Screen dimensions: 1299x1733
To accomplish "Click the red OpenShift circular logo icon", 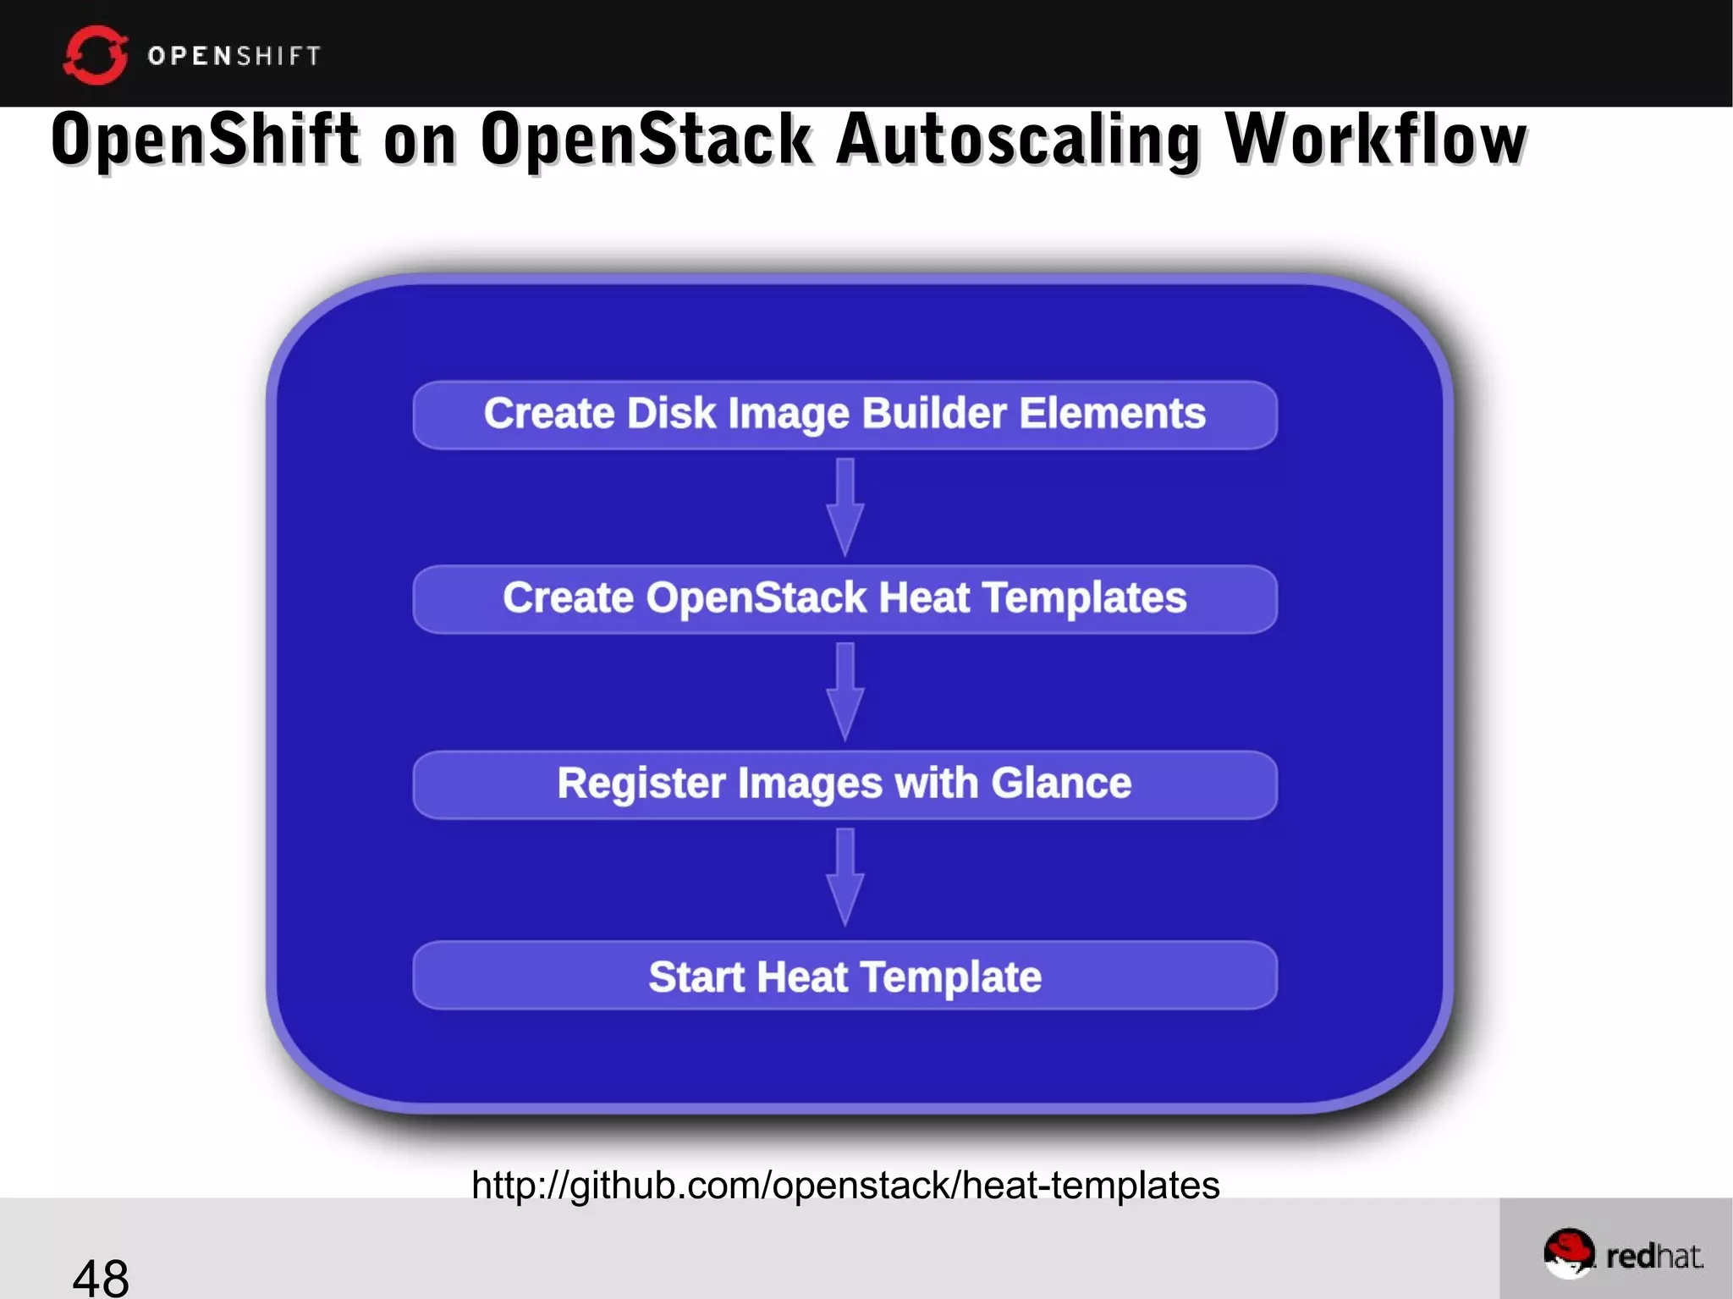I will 95,55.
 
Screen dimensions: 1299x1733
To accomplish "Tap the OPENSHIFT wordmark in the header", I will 234,56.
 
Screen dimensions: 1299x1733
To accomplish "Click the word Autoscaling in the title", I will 1018,140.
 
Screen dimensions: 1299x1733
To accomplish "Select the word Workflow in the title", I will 1376,140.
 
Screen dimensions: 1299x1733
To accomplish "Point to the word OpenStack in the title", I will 646,140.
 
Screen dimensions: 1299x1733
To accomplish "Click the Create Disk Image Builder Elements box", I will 844,415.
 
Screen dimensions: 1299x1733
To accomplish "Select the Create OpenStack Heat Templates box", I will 844,599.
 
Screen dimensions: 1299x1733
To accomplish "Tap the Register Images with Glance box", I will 844,784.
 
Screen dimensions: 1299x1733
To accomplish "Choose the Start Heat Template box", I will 844,976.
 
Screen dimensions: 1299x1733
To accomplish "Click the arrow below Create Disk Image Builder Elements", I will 844,507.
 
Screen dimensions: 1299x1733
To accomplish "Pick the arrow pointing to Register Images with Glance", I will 844,691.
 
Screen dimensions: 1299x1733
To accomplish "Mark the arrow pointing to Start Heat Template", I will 844,877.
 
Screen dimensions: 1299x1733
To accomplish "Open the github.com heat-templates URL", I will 844,1185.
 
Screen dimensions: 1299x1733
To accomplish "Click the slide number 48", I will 101,1276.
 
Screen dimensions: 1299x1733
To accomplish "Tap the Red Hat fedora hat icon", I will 1568,1252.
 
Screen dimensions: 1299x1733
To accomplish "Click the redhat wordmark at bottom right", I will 1654,1256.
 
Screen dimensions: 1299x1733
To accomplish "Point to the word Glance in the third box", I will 1061,783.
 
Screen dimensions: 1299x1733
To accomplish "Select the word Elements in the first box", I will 1112,414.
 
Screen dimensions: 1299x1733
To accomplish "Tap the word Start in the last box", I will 696,977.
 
